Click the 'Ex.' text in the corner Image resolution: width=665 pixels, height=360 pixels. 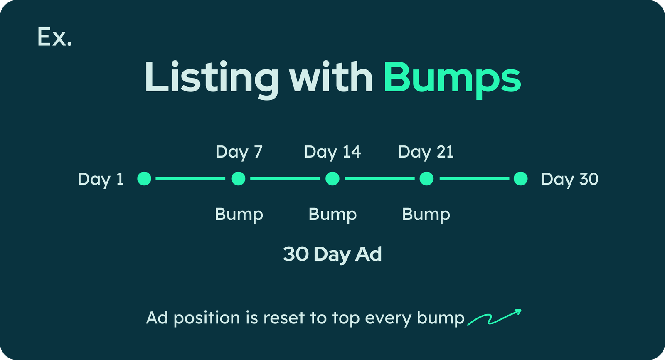(54, 37)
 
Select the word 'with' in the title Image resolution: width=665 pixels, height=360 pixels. (331, 77)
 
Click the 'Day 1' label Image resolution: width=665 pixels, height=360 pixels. (101, 180)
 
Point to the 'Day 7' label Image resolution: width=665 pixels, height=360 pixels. (239, 153)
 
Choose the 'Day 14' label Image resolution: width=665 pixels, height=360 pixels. (332, 153)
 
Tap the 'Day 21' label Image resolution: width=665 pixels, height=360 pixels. (426, 153)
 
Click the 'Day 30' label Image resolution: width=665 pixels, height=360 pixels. (570, 180)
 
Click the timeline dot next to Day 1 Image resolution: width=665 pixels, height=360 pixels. (144, 178)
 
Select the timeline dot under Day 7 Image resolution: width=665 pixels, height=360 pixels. (239, 178)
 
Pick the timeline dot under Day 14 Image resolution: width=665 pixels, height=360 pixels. (332, 178)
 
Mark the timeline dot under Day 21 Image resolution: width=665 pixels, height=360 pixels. (426, 178)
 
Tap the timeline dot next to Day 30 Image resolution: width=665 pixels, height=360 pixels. (521, 178)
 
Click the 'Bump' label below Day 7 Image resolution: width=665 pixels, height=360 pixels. (239, 215)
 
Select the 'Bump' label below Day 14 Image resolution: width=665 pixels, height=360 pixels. (332, 215)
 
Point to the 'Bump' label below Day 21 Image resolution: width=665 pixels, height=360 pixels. (426, 215)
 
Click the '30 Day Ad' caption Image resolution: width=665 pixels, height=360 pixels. (332, 254)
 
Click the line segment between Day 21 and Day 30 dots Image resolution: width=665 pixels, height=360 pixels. (474, 178)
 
